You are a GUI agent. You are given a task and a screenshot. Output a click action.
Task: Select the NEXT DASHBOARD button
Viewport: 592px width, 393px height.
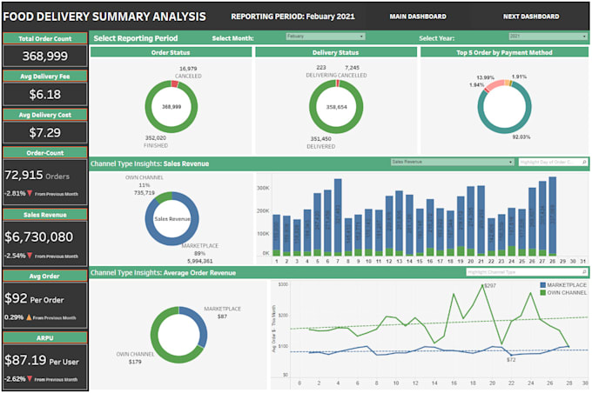coord(530,17)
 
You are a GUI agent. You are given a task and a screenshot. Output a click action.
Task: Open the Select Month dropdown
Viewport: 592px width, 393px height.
coord(325,37)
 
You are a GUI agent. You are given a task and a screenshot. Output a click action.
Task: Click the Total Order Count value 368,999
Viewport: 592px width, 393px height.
coord(44,56)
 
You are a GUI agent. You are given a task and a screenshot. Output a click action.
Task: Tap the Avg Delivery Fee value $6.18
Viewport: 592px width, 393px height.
coord(44,94)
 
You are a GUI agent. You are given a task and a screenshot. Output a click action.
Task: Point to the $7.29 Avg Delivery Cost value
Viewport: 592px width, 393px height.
coord(44,132)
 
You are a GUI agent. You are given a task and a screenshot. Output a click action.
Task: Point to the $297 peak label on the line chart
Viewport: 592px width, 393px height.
coord(489,285)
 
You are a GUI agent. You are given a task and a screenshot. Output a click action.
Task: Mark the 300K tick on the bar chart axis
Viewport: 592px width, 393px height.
coord(262,187)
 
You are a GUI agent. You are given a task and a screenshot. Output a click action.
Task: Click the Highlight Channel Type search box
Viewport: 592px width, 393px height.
coord(527,272)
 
